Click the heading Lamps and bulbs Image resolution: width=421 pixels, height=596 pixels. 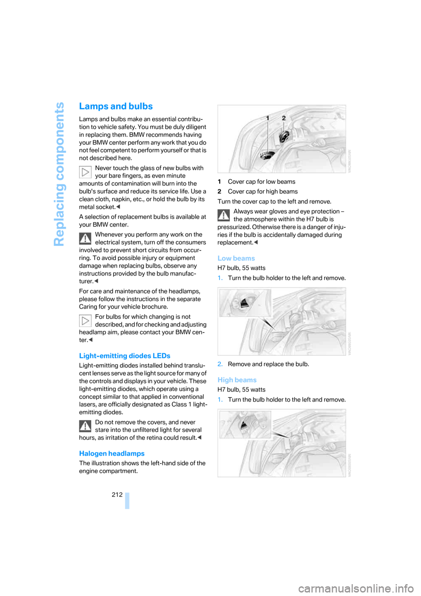[x=116, y=107]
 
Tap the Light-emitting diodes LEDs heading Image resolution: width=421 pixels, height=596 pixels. [x=125, y=356]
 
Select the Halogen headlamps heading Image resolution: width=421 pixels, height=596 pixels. [x=112, y=454]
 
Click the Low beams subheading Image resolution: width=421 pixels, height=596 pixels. [x=236, y=259]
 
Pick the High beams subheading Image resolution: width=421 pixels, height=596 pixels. [x=237, y=380]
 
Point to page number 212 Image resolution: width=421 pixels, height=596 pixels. [x=117, y=495]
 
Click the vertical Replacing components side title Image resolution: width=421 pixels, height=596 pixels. [x=59, y=174]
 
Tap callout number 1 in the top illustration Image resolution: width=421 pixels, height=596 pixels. [x=268, y=118]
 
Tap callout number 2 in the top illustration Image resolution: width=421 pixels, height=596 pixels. [x=284, y=118]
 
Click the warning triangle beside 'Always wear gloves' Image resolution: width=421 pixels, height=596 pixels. [x=224, y=215]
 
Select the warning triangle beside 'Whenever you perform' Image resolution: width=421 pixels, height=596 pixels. [x=85, y=238]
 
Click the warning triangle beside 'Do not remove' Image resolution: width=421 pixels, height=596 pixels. [x=85, y=426]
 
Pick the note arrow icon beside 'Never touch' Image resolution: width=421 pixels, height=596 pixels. [x=85, y=172]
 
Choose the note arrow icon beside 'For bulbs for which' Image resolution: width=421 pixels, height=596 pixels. [x=85, y=320]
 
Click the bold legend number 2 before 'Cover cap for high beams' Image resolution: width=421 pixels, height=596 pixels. [x=219, y=192]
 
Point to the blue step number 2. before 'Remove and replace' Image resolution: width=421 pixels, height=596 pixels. [x=220, y=364]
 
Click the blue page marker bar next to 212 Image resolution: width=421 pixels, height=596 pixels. [x=127, y=500]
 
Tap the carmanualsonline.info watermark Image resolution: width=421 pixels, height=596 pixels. [x=356, y=588]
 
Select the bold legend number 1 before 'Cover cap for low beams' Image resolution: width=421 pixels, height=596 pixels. [x=219, y=182]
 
